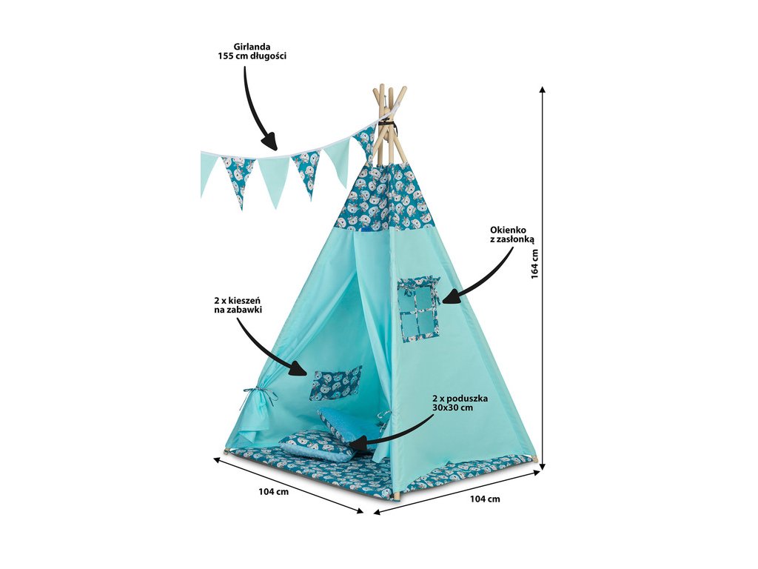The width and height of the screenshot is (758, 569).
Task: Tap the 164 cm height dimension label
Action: point(534,263)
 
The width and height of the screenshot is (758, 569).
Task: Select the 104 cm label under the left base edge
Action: point(273,492)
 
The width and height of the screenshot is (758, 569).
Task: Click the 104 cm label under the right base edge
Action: point(485,499)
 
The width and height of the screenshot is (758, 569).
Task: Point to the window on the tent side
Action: point(417,310)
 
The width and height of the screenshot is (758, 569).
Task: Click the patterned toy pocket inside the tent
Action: point(335,383)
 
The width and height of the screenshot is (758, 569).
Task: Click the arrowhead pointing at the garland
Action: point(270,142)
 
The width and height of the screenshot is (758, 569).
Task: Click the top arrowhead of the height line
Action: point(543,89)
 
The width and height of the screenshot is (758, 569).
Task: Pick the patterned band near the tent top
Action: point(385,199)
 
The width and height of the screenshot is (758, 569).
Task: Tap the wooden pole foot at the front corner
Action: point(395,494)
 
